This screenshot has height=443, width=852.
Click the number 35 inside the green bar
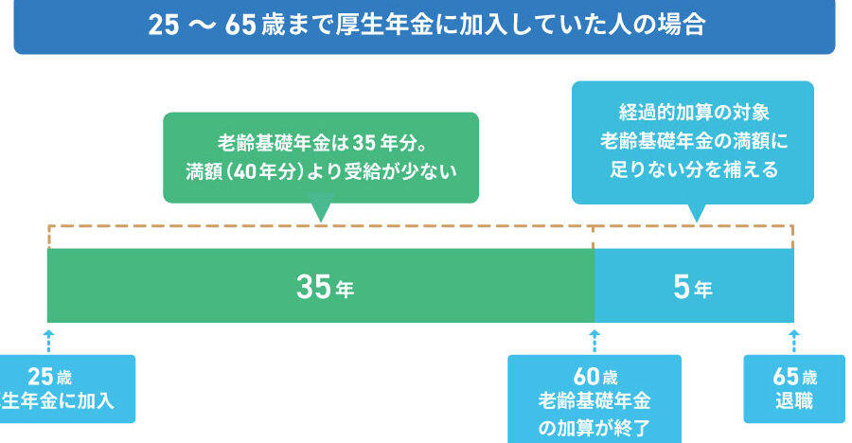point(312,287)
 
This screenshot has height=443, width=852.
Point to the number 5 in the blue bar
point(680,287)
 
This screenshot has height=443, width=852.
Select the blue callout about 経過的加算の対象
point(693,142)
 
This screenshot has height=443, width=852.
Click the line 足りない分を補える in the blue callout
point(693,170)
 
